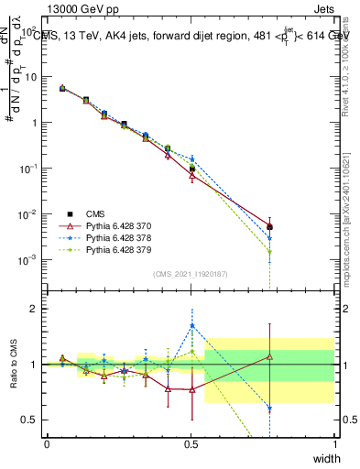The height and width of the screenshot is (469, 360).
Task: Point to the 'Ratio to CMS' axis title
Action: tap(13, 364)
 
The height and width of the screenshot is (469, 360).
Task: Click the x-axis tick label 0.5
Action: tap(191, 443)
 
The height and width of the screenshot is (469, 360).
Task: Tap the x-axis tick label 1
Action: tap(334, 443)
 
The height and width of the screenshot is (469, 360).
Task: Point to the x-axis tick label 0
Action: tap(47, 443)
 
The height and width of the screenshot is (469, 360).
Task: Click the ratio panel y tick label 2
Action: tap(34, 309)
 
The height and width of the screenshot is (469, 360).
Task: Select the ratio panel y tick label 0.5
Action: tap(31, 420)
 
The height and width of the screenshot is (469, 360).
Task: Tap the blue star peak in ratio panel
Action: tap(191, 325)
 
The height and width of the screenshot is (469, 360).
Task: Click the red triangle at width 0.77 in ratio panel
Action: tap(269, 357)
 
